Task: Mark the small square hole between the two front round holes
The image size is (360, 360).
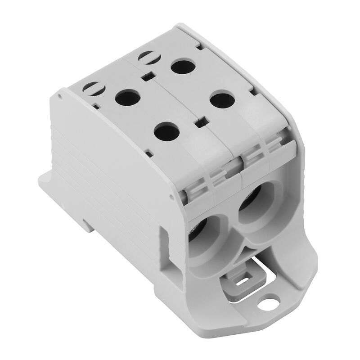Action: coord(200,120)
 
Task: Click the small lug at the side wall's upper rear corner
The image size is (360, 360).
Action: coord(60,96)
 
